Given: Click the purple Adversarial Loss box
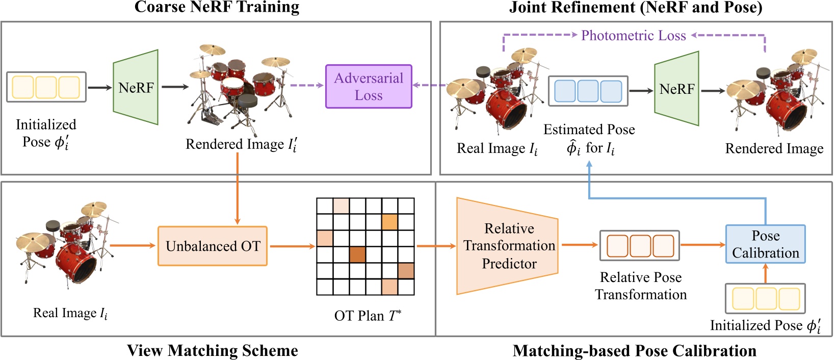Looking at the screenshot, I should pos(369,86).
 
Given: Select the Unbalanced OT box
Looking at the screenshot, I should pos(213,246).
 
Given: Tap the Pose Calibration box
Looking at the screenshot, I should pos(765,244).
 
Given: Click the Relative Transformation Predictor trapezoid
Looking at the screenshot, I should pos(508,246).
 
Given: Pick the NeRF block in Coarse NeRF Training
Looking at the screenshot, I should pos(136,87).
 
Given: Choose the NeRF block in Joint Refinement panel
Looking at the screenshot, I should pos(676,89).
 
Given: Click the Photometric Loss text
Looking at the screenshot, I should pos(633,35).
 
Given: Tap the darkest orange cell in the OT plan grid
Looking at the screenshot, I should pos(357,254).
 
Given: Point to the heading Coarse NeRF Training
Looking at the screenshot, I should pos(217,7).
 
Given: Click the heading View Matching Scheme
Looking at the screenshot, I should pos(212,350).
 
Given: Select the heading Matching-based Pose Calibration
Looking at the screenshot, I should pos(634,351).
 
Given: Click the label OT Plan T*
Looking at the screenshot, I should pos(368,316).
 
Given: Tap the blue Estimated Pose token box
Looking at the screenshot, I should pos(588,91).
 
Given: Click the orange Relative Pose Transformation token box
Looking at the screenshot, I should pos(640,246).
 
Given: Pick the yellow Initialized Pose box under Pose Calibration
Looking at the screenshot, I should pos(765,299).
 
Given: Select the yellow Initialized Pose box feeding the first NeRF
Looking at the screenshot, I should pos(46,87).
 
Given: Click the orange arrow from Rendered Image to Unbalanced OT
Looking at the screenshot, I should pos(238,189).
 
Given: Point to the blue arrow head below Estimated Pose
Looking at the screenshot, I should pos(589,164).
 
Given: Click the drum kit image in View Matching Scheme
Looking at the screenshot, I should pos(66,245).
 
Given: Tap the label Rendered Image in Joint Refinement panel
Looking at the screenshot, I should pos(774,148).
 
